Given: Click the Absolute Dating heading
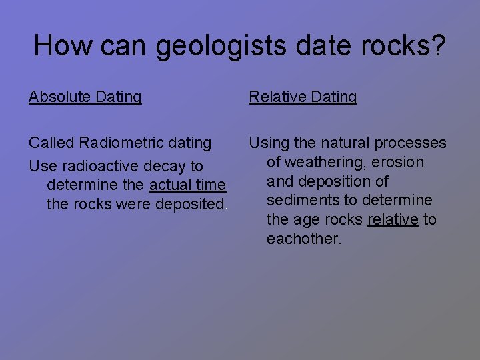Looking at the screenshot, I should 85,97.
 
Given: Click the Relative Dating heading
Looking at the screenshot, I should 303,97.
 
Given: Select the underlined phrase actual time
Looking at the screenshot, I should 188,185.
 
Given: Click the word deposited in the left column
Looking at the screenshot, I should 190,204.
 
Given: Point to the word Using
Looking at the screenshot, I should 269,143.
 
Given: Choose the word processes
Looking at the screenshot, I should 411,143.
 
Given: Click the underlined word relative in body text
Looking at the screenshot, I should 393,219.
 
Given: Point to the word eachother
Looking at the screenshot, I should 303,239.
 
